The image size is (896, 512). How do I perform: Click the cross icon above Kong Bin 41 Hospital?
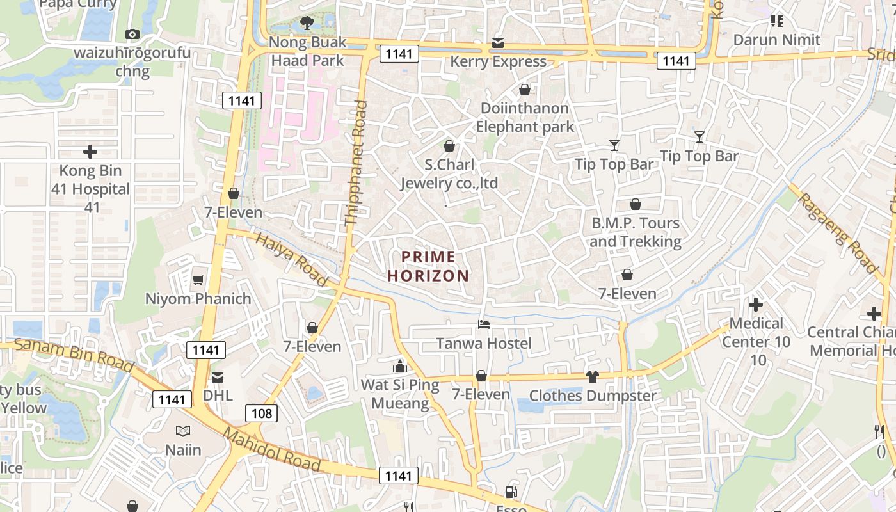[x=90, y=152]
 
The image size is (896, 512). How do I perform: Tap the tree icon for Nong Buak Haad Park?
[x=307, y=24]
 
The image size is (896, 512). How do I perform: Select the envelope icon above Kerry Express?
[x=498, y=43]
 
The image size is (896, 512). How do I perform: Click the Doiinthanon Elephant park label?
[x=524, y=117]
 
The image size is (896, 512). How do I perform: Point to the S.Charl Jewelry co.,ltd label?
[x=449, y=174]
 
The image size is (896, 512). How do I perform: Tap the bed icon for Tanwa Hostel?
[x=484, y=324]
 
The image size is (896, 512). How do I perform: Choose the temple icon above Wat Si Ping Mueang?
[x=400, y=366]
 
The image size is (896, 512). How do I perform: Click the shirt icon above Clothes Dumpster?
[x=592, y=377]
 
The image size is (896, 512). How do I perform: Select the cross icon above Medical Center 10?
[x=756, y=305]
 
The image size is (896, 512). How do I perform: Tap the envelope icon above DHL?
[x=218, y=377]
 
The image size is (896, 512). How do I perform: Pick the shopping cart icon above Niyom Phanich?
[x=198, y=280]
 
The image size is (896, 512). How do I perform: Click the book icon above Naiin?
[x=183, y=431]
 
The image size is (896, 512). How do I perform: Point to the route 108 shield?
[x=262, y=413]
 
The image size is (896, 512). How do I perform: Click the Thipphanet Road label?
[x=356, y=164]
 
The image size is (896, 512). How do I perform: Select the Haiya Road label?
[x=291, y=259]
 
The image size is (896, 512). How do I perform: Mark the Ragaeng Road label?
[x=836, y=232]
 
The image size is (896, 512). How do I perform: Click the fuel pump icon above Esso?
[x=511, y=492]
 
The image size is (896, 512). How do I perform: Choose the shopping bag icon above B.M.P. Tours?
[x=636, y=204]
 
